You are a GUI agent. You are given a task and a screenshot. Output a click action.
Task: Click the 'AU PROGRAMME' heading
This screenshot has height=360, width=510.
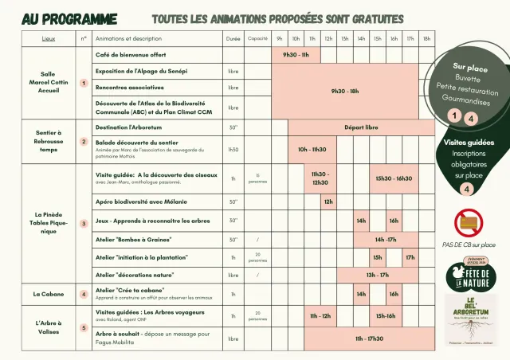[x=69, y=18]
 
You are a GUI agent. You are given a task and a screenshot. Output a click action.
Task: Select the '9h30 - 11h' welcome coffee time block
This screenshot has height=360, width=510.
[x=296, y=55]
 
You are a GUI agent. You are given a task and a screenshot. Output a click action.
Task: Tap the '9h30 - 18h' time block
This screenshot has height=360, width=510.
[x=345, y=91]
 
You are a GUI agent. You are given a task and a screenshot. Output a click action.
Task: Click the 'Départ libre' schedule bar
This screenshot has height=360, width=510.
[x=361, y=127]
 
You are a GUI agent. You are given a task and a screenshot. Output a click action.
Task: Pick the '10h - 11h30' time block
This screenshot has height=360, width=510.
[x=312, y=149]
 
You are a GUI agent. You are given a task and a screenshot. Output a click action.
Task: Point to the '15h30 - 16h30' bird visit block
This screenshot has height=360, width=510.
[x=394, y=178]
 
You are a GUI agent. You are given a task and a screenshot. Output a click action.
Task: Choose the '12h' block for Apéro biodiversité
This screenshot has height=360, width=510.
[x=328, y=202]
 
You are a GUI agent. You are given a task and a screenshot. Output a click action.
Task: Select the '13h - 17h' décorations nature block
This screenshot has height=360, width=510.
[x=377, y=275]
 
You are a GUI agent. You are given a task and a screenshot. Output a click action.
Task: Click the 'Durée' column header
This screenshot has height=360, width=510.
[x=233, y=38]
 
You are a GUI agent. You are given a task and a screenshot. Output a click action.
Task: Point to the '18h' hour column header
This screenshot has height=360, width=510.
[x=426, y=38]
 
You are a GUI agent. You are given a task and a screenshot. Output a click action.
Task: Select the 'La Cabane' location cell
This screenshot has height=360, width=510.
[x=49, y=294]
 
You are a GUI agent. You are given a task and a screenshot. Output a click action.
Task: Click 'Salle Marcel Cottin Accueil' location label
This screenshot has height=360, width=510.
[x=49, y=83]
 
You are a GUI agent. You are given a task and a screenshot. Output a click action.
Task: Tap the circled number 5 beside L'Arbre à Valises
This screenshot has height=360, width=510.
[x=84, y=327]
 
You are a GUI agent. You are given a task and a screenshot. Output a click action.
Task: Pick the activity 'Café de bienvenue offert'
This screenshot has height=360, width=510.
[x=131, y=55]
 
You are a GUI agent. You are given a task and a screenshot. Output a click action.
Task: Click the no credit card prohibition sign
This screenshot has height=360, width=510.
[x=468, y=223]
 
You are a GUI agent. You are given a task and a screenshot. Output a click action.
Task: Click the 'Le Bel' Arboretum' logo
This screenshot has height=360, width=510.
[x=469, y=319]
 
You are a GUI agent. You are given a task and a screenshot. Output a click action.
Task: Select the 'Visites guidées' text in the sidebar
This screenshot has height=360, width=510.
[x=469, y=143]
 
